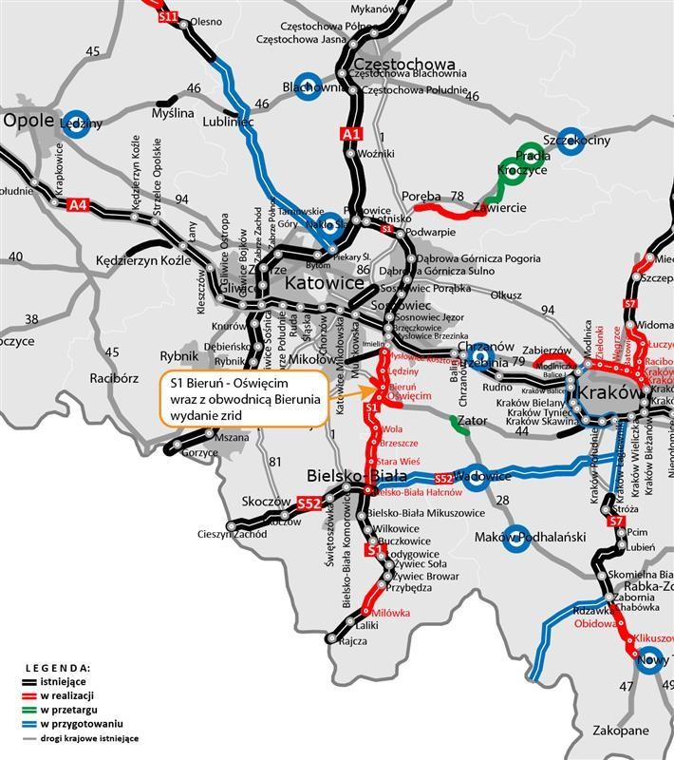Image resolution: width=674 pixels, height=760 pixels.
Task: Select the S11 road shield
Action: click(x=169, y=16)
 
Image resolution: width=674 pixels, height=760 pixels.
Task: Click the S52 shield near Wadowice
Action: click(x=444, y=479)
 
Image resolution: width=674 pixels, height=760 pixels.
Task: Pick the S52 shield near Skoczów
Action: click(x=308, y=504)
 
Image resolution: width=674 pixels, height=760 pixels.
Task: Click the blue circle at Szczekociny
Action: click(x=569, y=139)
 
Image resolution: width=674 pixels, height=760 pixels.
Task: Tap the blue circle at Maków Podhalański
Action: click(x=517, y=539)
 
